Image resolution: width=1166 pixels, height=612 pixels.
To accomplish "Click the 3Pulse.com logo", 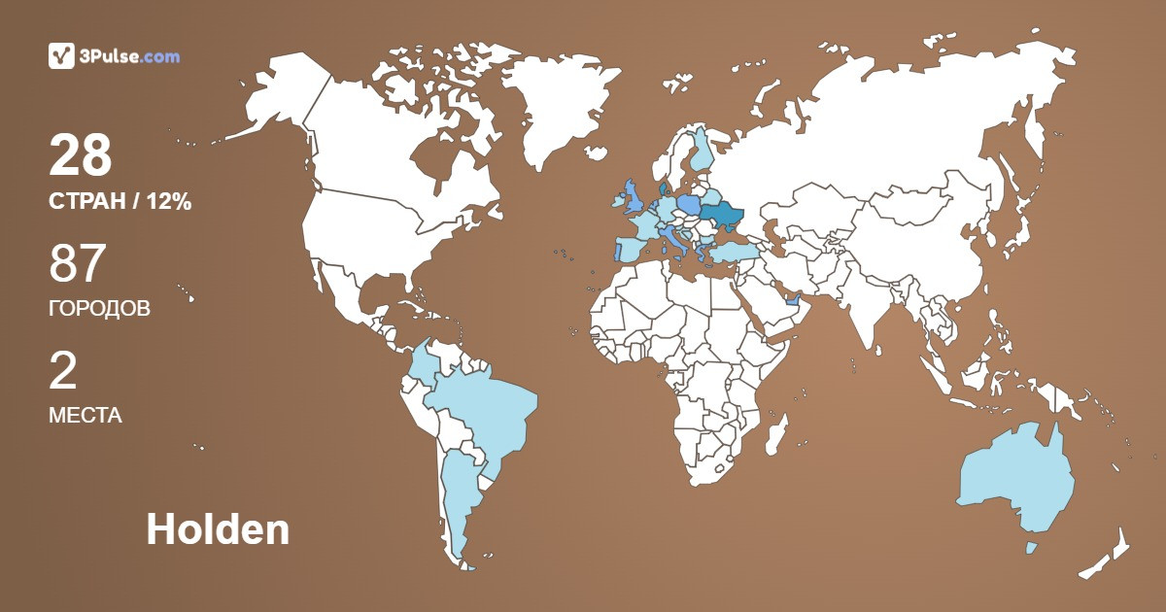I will [114, 56].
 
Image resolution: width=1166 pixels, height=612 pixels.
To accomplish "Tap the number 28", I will [81, 156].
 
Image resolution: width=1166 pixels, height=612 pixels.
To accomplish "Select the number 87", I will [77, 265].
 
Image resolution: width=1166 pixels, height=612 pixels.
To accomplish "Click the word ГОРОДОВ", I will [99, 309].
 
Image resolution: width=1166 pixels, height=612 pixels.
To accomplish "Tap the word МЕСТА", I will [85, 416].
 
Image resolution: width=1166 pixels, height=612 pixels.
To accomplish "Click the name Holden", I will [218, 530].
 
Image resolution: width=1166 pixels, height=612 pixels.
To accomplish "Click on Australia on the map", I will [1015, 481].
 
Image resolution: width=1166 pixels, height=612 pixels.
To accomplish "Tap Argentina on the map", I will [457, 495].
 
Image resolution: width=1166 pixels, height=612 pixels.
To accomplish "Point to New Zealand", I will [1108, 559].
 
